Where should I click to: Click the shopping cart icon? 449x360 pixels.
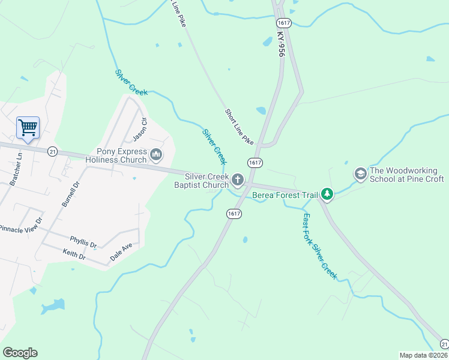(28, 127)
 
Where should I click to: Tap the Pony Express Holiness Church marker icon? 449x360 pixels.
(156, 155)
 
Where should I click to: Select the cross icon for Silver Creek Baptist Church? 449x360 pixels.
(238, 180)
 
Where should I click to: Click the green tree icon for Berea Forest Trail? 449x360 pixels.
(327, 194)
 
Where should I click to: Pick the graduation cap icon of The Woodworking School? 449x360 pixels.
(361, 174)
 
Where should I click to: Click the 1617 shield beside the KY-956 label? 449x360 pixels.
(284, 23)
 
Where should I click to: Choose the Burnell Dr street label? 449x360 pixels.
(70, 193)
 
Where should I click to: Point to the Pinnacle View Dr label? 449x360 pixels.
(22, 224)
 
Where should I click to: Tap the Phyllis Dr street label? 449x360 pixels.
(83, 242)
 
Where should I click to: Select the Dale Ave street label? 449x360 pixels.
(121, 252)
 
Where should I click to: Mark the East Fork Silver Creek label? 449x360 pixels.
(320, 246)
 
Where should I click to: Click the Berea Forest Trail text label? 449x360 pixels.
(285, 195)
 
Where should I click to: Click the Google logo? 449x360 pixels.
(20, 353)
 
